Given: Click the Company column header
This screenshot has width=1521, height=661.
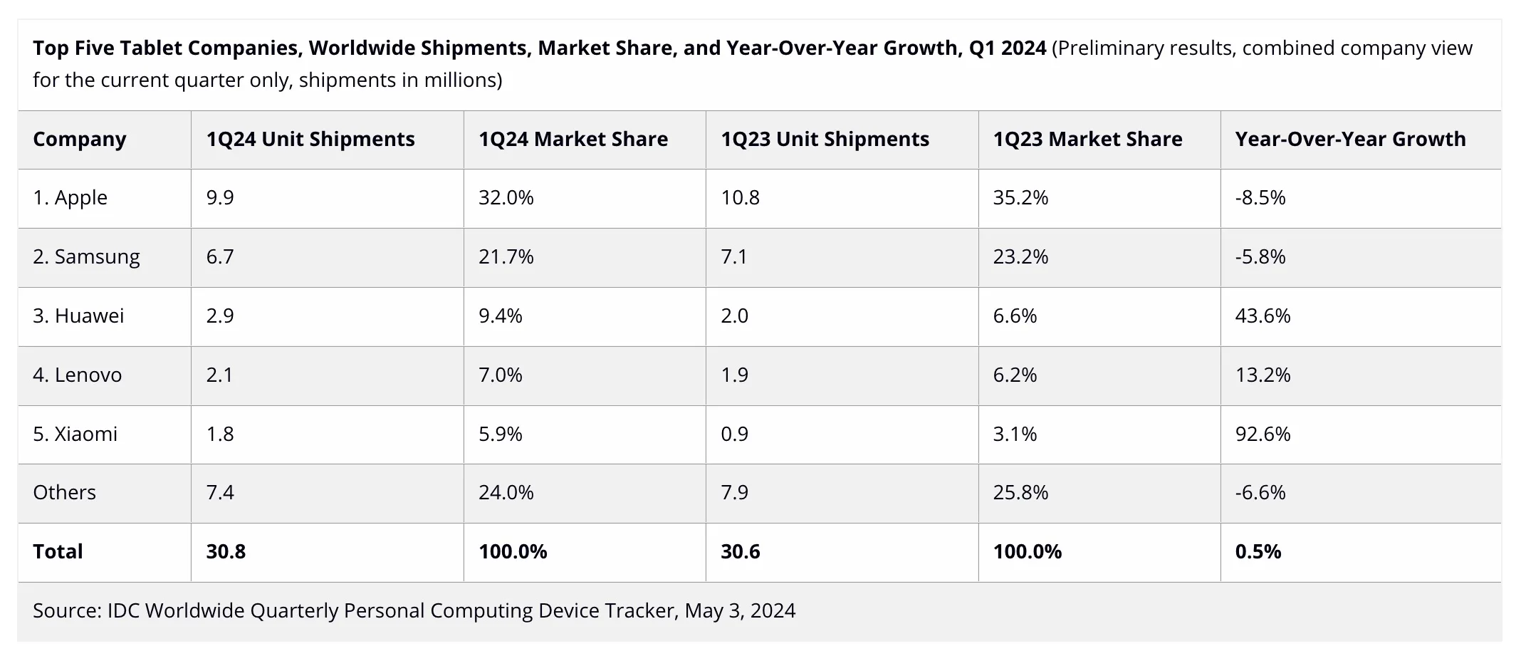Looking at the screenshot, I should [x=79, y=139].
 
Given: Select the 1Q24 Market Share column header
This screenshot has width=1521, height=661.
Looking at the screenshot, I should [x=573, y=139].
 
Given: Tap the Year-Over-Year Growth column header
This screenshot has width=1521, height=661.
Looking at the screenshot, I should [x=1350, y=139].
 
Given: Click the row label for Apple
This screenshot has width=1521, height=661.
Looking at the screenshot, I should [x=70, y=197].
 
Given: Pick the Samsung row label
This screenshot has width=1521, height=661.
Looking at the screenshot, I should [x=86, y=256].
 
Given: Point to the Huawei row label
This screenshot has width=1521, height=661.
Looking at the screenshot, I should [x=78, y=316].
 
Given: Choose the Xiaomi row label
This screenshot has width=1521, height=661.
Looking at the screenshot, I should [x=75, y=434].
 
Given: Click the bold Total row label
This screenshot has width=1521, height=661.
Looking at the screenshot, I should [x=58, y=551].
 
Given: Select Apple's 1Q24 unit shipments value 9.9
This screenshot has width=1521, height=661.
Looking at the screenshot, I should [x=220, y=197].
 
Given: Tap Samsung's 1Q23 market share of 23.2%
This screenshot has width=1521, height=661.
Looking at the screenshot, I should [x=1020, y=256].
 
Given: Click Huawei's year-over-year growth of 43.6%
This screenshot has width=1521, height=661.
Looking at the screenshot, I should [x=1263, y=316].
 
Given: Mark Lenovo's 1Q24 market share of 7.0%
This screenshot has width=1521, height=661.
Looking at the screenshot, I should [x=500, y=375].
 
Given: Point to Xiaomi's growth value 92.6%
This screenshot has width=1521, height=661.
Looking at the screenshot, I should [x=1263, y=434].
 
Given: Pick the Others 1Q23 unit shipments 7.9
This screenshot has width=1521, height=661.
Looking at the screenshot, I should [x=734, y=492].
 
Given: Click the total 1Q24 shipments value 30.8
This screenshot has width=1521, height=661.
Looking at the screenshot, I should [x=226, y=551].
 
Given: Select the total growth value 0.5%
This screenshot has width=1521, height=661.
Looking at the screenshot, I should [x=1258, y=551].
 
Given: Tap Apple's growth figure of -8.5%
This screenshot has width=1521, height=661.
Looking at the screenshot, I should [x=1260, y=197].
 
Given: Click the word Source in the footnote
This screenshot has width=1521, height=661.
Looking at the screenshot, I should [x=66, y=610].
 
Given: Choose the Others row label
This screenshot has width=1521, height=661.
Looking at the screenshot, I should [x=64, y=492].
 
